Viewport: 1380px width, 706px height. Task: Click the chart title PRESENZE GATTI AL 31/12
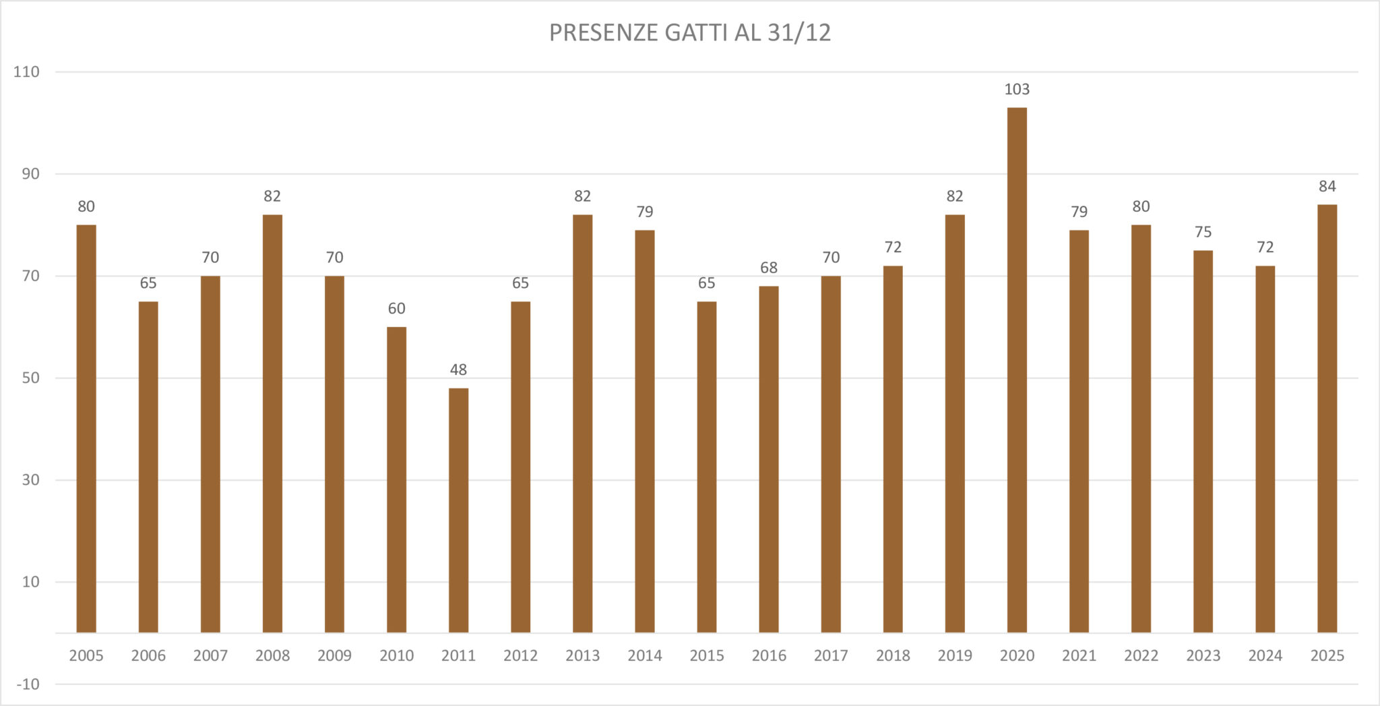[x=689, y=32]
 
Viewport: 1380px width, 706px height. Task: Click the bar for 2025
[x=1327, y=418]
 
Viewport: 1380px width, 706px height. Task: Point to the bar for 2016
[x=769, y=459]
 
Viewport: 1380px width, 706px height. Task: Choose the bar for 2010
[x=396, y=479]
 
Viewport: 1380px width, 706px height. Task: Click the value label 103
[x=1017, y=89]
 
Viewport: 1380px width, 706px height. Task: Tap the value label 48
[x=458, y=370]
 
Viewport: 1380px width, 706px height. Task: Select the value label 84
[x=1327, y=186]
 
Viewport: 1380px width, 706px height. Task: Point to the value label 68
[x=769, y=268]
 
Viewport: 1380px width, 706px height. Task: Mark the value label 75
[x=1203, y=232]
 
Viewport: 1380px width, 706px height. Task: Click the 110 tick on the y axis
[x=27, y=72]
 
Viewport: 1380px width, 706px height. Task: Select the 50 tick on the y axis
[x=30, y=378]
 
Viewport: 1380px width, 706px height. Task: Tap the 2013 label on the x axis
[x=582, y=655]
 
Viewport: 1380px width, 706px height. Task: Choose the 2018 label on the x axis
[x=893, y=655]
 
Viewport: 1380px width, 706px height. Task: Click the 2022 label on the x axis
[x=1141, y=655]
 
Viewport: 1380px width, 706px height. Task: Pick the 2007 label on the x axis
[x=210, y=655]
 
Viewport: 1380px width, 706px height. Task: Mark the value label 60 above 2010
[x=396, y=309]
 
